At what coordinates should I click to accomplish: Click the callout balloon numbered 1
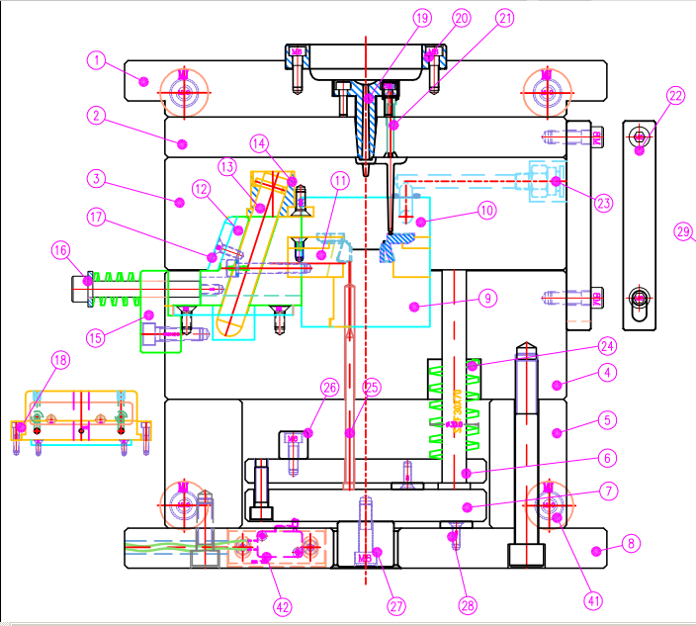point(96,60)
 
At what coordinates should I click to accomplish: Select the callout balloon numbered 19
point(422,18)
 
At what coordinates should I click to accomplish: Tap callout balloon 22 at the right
point(675,96)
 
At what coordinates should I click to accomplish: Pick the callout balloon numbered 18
point(61,361)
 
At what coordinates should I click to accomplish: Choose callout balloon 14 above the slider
point(259,142)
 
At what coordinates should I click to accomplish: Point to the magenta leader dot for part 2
point(181,143)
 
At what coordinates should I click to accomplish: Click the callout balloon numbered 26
point(329,387)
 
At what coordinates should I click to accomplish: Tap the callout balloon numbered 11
point(341,181)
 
